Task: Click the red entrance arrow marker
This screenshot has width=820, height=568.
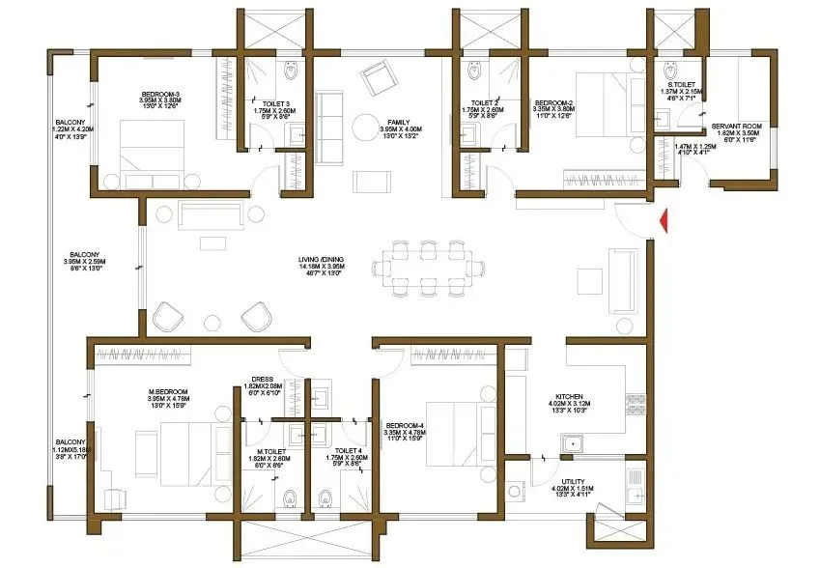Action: pyautogui.click(x=663, y=221)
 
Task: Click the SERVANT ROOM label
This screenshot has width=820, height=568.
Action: pyautogui.click(x=737, y=126)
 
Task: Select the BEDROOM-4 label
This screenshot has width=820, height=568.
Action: pyautogui.click(x=403, y=425)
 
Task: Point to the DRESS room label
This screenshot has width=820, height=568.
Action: pyautogui.click(x=263, y=380)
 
